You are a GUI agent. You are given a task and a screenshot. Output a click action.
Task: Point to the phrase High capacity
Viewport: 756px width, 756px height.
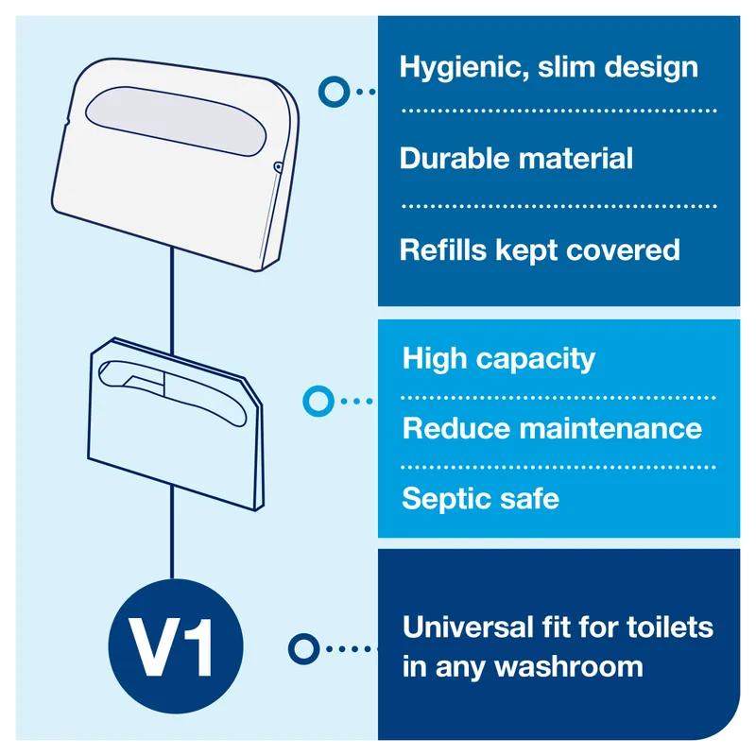499,359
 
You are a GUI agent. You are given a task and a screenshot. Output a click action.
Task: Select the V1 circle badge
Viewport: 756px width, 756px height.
171,648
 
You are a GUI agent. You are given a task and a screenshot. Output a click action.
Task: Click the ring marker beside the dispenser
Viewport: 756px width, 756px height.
332,91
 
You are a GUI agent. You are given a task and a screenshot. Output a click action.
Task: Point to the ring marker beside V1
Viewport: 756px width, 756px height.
302,648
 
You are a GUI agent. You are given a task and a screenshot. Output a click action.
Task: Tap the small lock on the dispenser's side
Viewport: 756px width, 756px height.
277,167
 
